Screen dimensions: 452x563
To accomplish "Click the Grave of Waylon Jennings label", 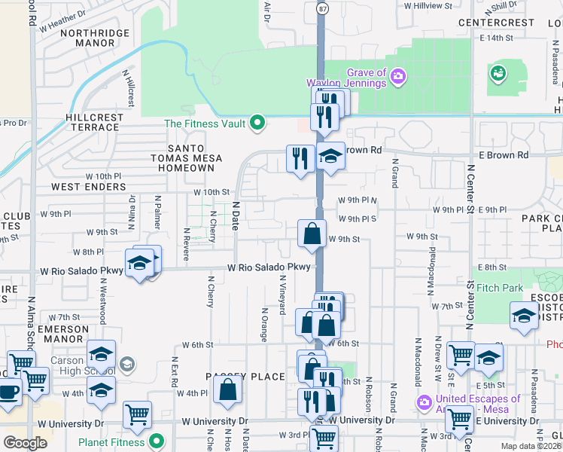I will [356, 78].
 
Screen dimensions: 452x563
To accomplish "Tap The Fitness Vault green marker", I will [258, 123].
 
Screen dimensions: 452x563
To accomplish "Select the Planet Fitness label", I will [112, 441].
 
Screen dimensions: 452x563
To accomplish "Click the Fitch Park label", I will [499, 288].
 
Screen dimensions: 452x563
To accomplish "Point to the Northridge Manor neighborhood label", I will [88, 38].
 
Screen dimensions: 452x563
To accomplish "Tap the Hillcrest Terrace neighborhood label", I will [93, 122].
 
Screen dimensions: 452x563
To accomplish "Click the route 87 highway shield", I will [322, 8].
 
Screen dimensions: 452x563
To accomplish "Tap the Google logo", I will [25, 442].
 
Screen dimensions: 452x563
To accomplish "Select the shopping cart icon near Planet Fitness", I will [137, 414].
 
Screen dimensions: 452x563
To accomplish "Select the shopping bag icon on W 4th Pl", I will [228, 389].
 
